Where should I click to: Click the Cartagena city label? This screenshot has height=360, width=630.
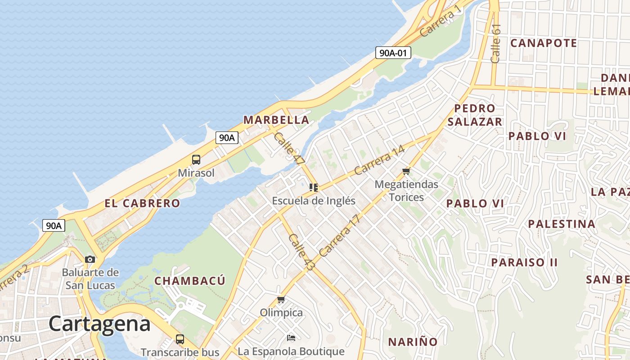(99, 324)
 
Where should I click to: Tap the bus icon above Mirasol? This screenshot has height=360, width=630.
(196, 159)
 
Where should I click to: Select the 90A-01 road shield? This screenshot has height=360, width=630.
(393, 53)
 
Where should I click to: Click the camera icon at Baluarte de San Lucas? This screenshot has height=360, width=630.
(90, 259)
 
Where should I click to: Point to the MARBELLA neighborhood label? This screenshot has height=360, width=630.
(276, 120)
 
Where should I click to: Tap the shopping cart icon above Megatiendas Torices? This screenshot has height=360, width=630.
(406, 171)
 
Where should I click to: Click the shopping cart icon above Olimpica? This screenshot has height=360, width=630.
(281, 299)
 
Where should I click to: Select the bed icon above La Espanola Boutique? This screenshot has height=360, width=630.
(291, 337)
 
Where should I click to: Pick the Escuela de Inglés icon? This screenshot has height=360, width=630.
(314, 187)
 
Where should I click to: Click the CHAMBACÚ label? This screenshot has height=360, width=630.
(189, 281)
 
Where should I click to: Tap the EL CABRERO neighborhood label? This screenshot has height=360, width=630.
(142, 203)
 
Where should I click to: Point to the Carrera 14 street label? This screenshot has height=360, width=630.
(379, 161)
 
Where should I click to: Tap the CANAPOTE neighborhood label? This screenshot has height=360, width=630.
(544, 43)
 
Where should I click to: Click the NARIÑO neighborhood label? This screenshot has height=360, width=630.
(413, 342)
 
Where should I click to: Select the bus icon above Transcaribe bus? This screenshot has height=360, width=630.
(180, 339)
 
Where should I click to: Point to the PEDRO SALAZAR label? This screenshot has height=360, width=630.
(475, 115)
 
